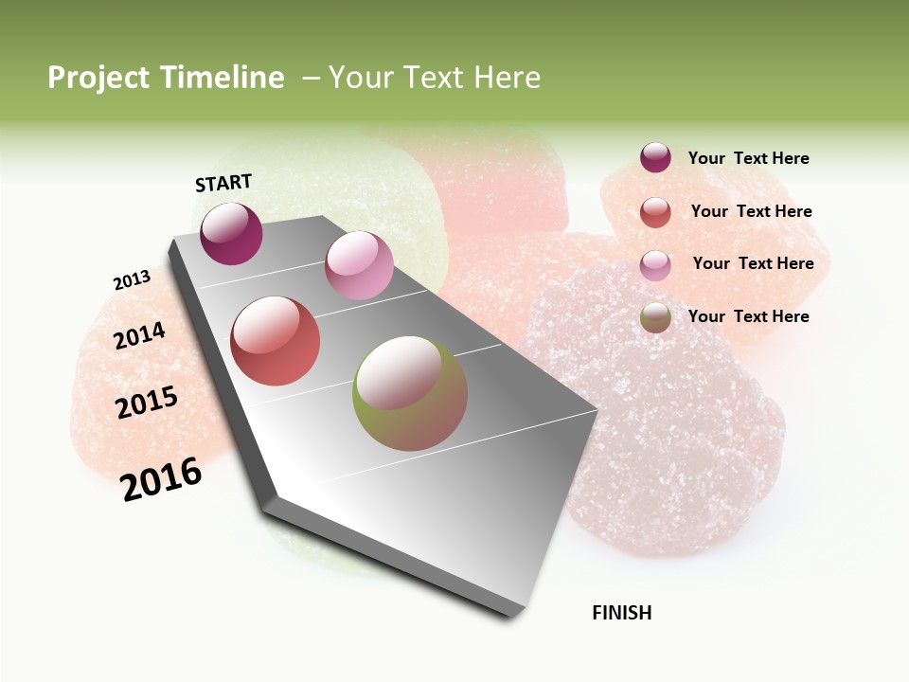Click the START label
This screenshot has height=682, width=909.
coord(223,183)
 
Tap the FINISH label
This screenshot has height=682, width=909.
coord(621,613)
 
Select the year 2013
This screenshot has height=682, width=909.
coord(132,280)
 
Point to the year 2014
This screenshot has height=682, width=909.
coord(139,335)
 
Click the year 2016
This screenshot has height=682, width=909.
coord(161,479)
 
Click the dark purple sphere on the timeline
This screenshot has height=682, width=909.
coord(231,234)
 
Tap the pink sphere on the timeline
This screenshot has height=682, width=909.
coord(359,265)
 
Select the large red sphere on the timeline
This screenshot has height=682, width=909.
coord(276,341)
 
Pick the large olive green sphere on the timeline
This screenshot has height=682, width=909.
coord(410,393)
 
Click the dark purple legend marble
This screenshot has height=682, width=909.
coord(655,158)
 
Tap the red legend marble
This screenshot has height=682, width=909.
coord(655,212)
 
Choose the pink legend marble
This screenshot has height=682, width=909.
coord(655,265)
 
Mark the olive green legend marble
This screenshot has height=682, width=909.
coord(655,317)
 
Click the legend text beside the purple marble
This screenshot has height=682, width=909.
coord(748,159)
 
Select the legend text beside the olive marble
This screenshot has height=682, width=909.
coord(748,316)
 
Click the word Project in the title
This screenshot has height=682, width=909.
coord(99,78)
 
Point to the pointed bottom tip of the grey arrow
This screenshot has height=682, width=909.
coord(512,615)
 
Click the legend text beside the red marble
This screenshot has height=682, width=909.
coord(751,211)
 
